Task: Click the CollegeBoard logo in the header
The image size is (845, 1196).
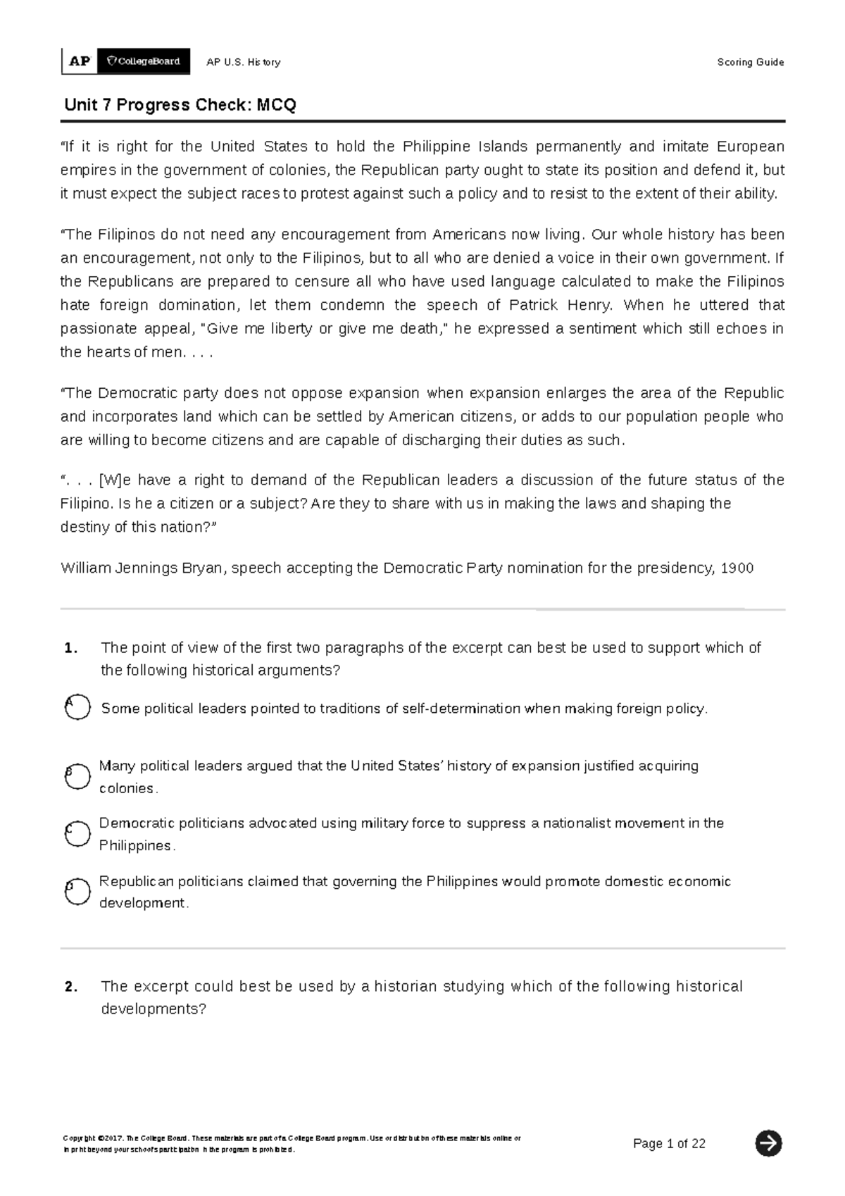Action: [144, 61]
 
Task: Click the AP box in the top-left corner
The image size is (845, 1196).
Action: [80, 61]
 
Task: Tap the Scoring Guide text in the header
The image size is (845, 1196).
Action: [750, 62]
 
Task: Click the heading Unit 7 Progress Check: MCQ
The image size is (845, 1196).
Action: [180, 105]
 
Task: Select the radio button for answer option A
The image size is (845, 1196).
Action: [77, 707]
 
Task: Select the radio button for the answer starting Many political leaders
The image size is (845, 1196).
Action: [77, 776]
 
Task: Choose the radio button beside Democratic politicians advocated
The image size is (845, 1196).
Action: [77, 834]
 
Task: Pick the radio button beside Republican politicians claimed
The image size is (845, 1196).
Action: [77, 892]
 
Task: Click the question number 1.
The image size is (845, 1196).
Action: [70, 649]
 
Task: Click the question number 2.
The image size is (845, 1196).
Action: [70, 987]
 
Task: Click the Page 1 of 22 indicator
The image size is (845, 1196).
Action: [669, 1143]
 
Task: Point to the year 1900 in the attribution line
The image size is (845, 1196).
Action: [737, 568]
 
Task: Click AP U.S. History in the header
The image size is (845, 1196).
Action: [243, 62]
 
